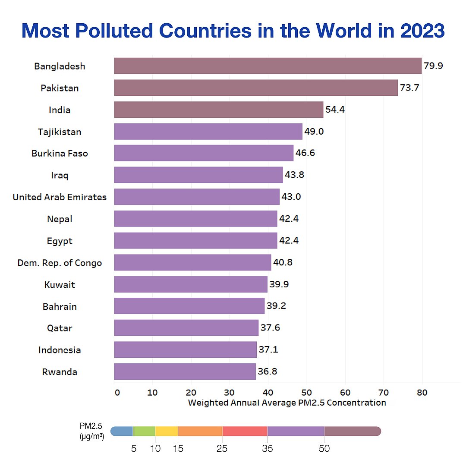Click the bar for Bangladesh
pos(268,66)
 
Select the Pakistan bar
pos(255,88)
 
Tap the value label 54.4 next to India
pos(335,110)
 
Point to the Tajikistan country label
pos(60,132)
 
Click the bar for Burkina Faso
pos(204,153)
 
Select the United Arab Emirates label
pos(60,197)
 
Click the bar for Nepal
pos(195,219)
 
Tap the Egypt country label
pos(60,241)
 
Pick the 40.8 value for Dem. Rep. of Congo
pos(283,263)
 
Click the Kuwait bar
pos(190,284)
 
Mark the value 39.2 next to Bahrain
pos(276,306)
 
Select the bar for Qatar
pos(186,328)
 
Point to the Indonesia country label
pos(60,350)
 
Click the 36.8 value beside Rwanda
pos(268,372)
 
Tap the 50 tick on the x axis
pos(306,393)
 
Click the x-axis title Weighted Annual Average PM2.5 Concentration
pos(287,403)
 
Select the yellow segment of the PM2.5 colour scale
pos(166,431)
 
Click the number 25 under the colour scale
pos(222,449)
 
